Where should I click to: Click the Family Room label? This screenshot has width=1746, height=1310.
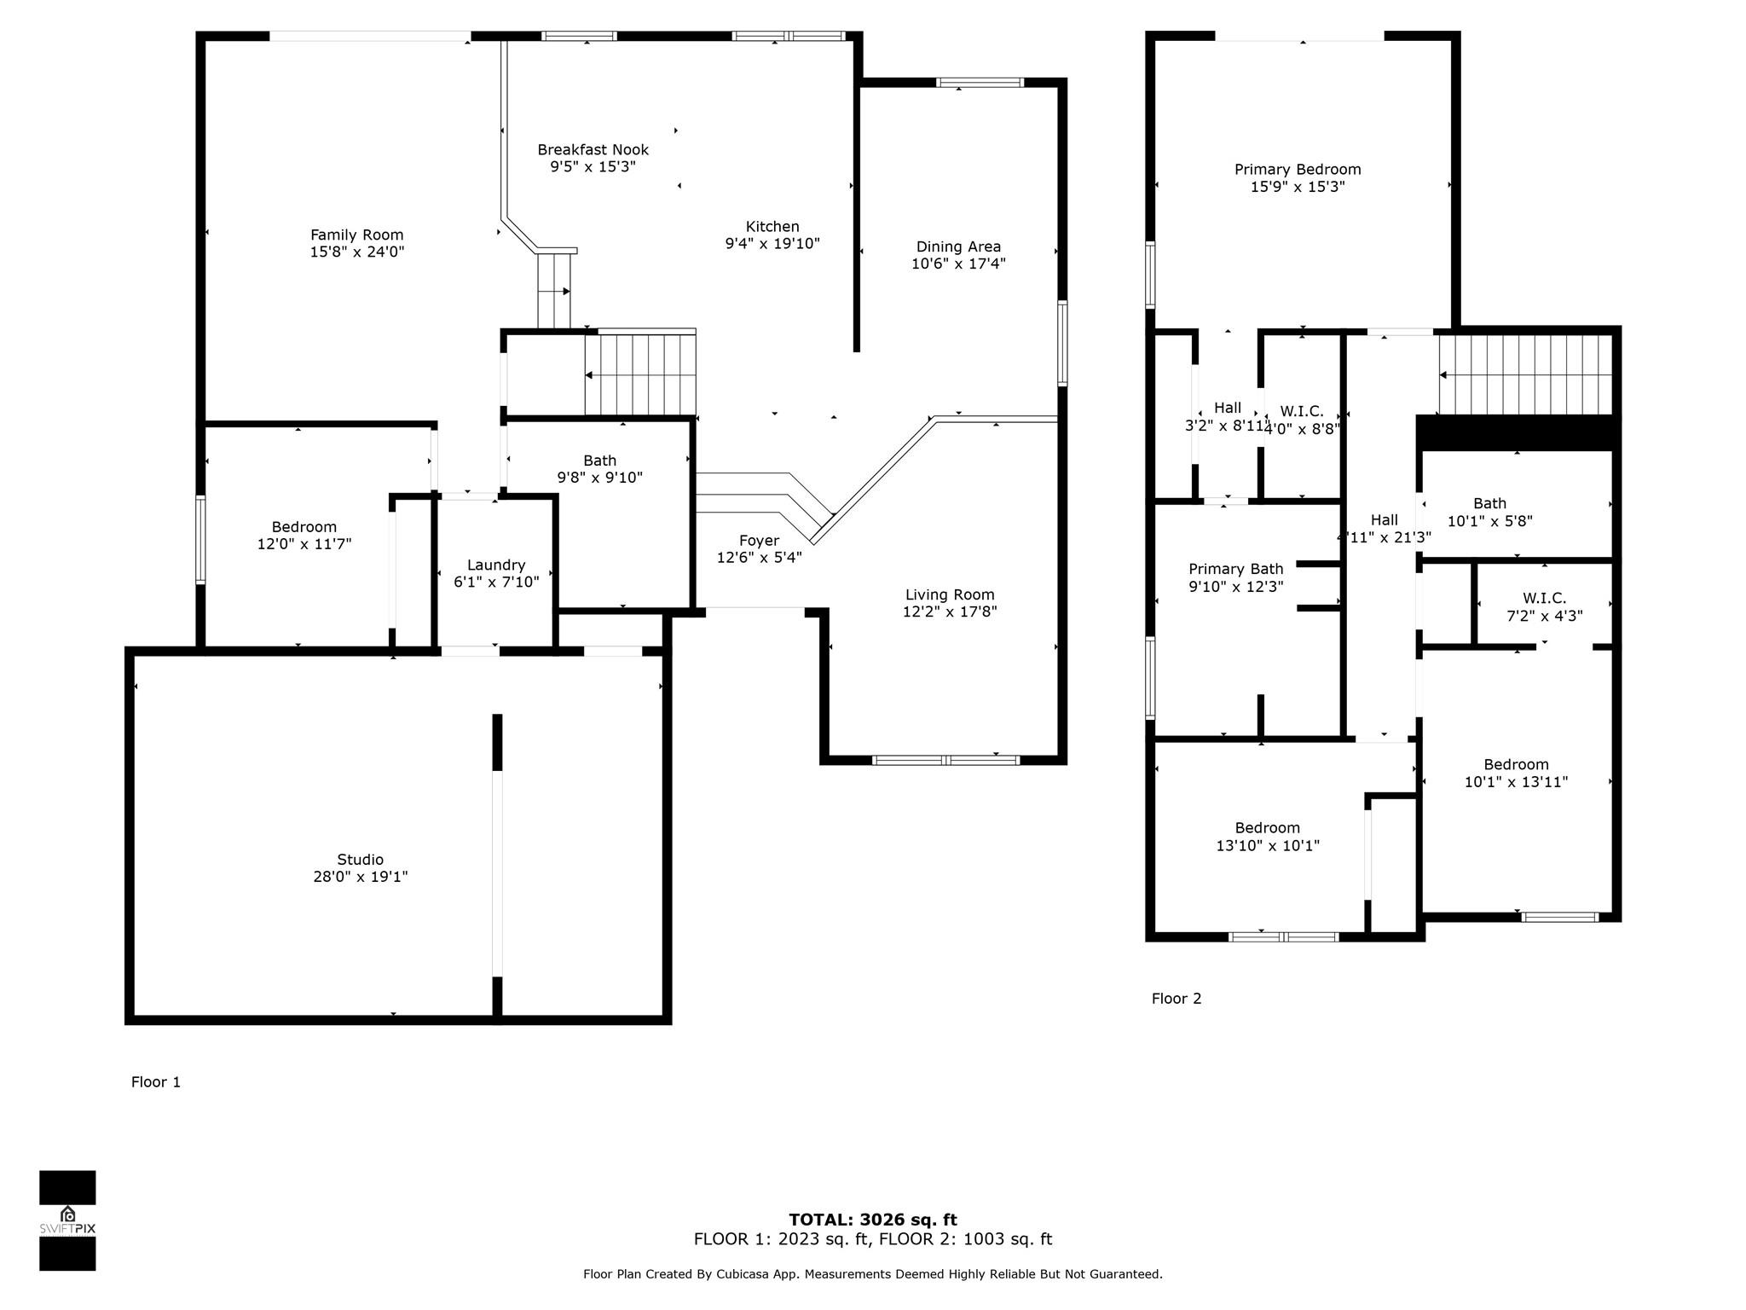point(357,235)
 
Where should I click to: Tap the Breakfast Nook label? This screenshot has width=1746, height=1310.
point(593,149)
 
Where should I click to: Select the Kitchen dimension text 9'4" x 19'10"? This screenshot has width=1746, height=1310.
point(772,244)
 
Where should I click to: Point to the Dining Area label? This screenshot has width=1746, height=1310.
point(958,246)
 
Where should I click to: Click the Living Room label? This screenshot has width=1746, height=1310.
point(950,594)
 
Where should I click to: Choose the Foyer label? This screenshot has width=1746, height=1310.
point(760,541)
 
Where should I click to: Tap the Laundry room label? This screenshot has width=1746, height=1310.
point(496,565)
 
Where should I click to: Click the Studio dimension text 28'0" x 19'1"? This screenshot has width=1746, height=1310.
point(361,877)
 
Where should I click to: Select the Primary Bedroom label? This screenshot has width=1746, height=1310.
point(1298,169)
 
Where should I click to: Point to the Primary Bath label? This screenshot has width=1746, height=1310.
point(1236,569)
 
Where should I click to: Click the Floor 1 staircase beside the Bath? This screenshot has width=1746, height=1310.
point(640,374)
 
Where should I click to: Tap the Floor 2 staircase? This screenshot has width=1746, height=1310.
point(1525,374)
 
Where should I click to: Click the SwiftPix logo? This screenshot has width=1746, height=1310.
point(67,1220)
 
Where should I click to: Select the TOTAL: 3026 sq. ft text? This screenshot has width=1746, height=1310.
point(873,1220)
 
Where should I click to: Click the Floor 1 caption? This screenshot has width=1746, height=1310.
point(156,1082)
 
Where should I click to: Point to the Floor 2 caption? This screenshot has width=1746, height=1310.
point(1177,999)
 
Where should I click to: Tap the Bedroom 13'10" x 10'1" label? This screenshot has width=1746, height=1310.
point(1268,837)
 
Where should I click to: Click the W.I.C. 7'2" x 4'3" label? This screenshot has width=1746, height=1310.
point(1545,607)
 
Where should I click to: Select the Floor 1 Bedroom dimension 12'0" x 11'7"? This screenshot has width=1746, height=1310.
point(304,544)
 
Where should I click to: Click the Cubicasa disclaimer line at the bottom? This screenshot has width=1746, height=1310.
point(873,1274)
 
